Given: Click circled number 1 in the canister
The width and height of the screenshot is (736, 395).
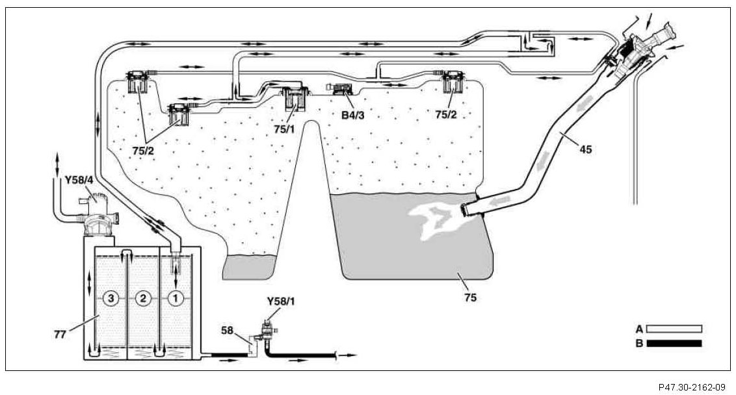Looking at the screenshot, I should coord(175,298).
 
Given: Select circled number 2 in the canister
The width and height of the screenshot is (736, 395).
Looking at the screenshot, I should coord(144,298).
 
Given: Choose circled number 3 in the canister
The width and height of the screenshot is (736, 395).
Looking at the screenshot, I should coord(112,298).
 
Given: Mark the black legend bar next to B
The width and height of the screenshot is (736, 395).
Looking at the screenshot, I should coord(674,343).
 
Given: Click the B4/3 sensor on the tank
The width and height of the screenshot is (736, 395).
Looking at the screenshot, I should coord(342,89).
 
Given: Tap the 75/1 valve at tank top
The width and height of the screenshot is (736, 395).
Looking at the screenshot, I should coord(296,99).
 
